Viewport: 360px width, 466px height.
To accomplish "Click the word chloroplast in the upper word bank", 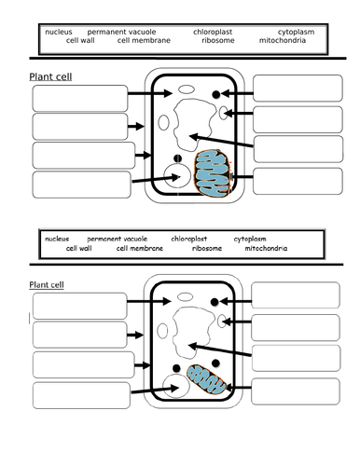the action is click(213, 32).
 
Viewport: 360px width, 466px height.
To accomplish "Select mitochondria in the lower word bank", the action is click(266, 248).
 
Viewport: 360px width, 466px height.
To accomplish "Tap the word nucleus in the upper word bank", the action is click(59, 32).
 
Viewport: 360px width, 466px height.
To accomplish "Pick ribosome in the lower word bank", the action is click(207, 248).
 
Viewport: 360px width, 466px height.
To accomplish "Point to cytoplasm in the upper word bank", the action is click(296, 32).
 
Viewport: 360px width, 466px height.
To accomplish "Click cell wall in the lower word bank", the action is click(79, 248).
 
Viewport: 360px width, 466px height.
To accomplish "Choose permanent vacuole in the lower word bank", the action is click(118, 239).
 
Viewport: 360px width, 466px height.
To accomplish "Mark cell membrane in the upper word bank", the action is click(144, 40).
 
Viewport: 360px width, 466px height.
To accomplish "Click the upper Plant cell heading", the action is click(50, 76).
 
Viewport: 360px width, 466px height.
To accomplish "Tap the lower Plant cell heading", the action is click(47, 285).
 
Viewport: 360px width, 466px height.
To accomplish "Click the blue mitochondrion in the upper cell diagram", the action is click(214, 173).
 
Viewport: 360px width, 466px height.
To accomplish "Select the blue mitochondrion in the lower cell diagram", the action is click(206, 379).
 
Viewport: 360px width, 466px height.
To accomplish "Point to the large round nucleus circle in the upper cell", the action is click(176, 175).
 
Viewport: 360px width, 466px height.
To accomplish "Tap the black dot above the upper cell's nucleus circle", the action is click(177, 158).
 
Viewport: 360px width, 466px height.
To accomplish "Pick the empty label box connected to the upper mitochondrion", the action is click(298, 181).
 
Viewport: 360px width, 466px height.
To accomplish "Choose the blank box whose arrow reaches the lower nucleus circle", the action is click(81, 395).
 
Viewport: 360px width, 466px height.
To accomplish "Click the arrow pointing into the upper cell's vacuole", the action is click(221, 141).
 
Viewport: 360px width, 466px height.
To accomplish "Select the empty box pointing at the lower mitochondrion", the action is click(296, 391).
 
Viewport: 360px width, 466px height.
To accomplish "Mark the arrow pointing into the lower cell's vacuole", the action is click(220, 349).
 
